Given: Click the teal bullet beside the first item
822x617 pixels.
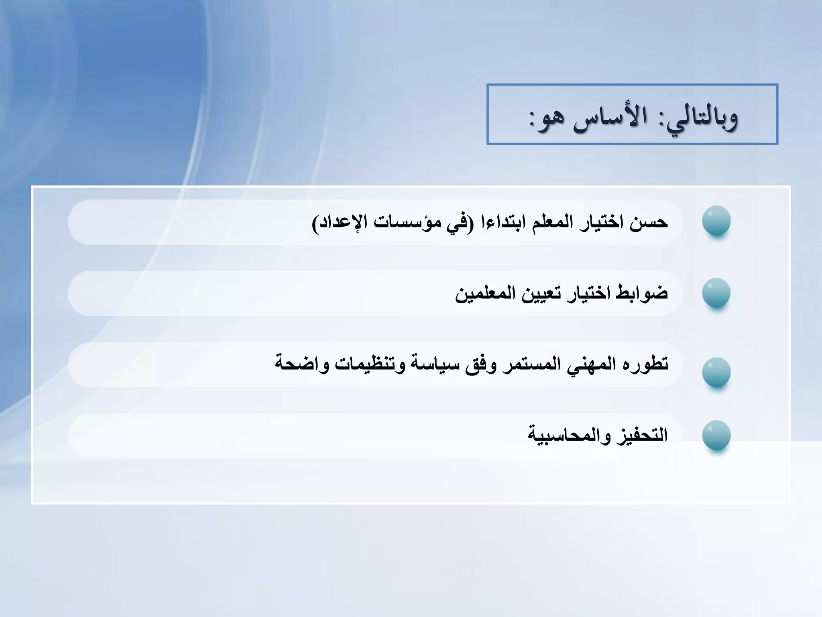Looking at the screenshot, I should coord(716,221).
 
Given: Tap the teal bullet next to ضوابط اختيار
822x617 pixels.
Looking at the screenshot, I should coord(716,293).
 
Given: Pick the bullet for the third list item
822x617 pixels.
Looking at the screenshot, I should coord(716,372).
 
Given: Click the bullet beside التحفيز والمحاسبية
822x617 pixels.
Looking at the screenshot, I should coord(716,435).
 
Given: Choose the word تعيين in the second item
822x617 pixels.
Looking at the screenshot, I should coord(542,293).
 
